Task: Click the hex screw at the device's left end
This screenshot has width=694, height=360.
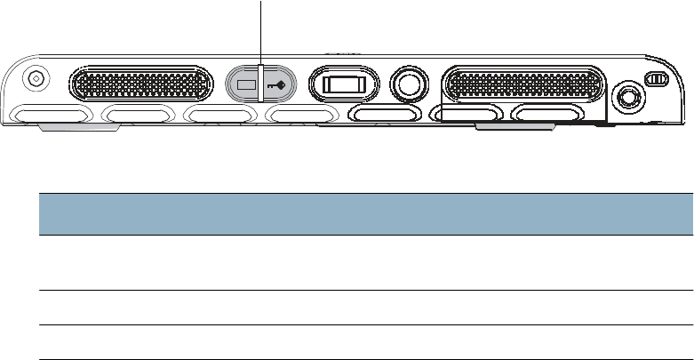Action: click(x=36, y=78)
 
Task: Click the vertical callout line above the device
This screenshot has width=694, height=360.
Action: click(x=261, y=31)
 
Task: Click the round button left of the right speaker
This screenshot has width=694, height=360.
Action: click(x=407, y=83)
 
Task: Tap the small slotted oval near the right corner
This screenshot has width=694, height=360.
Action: click(x=655, y=80)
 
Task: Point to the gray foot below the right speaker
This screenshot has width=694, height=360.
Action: click(x=514, y=130)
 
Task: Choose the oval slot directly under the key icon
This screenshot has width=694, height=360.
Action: click(x=301, y=115)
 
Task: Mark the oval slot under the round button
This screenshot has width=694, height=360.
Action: click(x=384, y=115)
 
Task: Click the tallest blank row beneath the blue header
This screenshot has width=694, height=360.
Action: click(x=364, y=263)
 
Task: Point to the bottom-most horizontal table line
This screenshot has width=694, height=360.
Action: click(x=364, y=359)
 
